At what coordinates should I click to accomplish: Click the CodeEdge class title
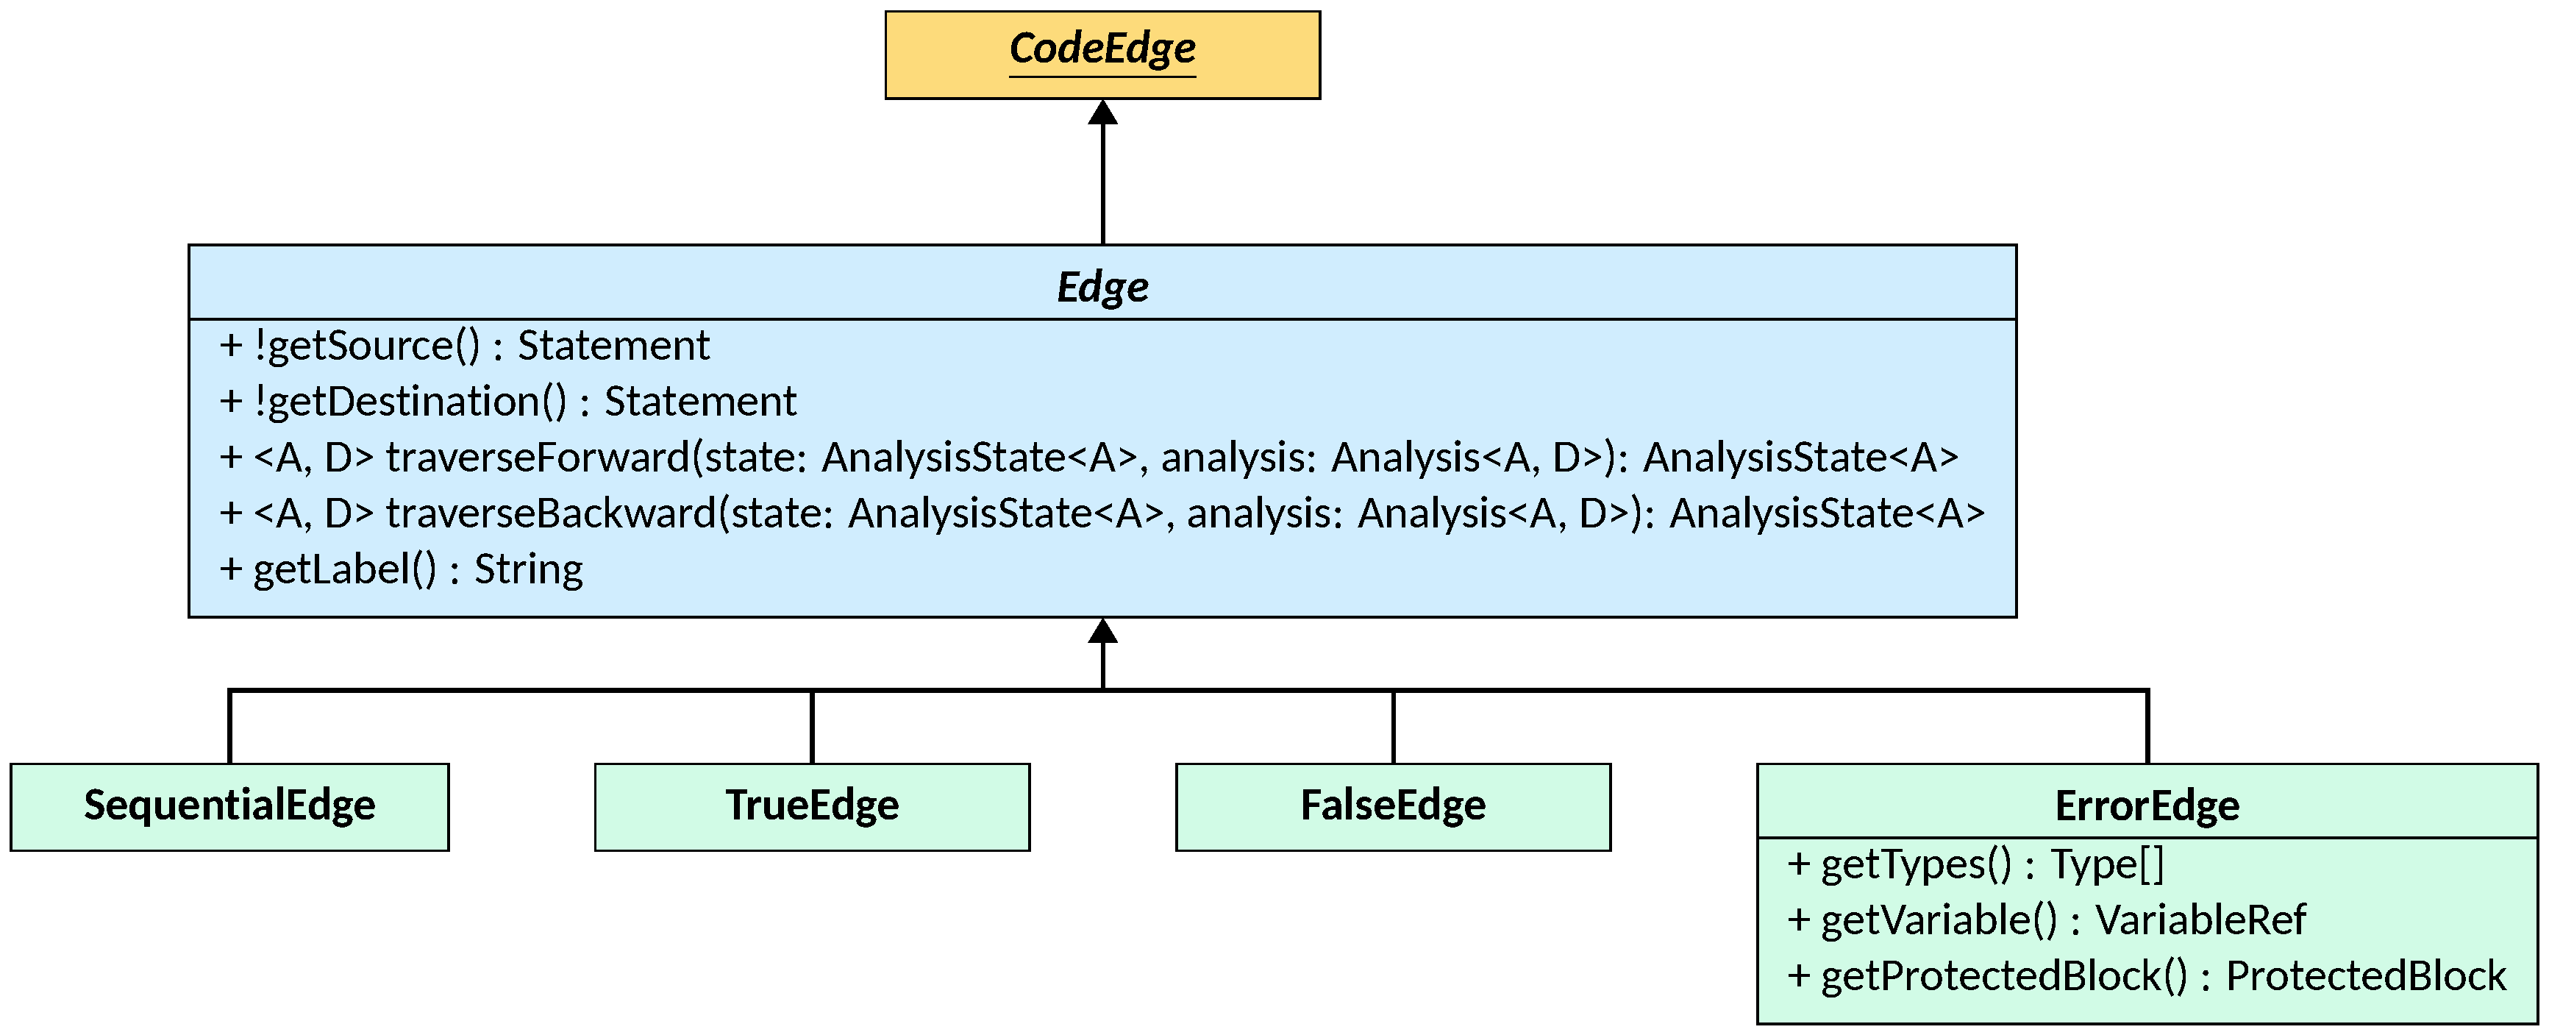(x=1102, y=49)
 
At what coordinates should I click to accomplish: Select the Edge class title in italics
(x=1102, y=287)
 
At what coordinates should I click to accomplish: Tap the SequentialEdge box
(x=229, y=806)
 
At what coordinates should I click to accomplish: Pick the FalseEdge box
(x=1393, y=806)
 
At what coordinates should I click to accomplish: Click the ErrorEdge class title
(x=2147, y=805)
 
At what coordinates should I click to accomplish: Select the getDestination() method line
(x=507, y=402)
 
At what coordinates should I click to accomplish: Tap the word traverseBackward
(x=550, y=513)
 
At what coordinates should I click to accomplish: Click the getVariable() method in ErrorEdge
(x=2046, y=920)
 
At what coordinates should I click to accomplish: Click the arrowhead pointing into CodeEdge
(x=1102, y=112)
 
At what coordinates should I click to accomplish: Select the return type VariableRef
(x=2200, y=920)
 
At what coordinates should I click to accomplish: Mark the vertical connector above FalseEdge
(x=1393, y=728)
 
